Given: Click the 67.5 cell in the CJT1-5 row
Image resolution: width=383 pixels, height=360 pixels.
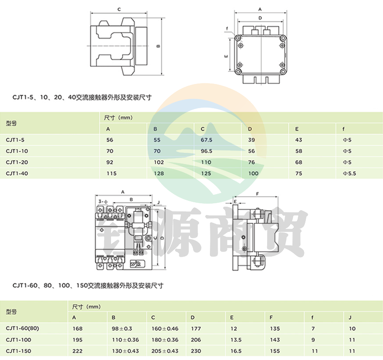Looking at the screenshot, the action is tap(207, 140).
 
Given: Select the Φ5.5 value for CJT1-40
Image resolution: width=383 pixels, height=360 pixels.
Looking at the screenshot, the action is tap(349, 174).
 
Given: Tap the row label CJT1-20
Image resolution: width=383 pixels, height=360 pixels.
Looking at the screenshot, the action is tap(17, 162).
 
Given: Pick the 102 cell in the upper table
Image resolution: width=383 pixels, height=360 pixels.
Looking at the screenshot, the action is tap(159, 162).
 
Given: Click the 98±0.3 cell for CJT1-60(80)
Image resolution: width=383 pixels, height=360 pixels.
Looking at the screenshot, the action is tap(122, 329).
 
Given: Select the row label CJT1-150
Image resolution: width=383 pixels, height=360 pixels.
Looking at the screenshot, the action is tap(18, 351).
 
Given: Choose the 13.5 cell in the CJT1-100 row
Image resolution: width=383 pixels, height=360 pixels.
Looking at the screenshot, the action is tap(236, 340).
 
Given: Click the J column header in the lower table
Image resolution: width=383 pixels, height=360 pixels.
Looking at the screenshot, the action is tap(350, 317).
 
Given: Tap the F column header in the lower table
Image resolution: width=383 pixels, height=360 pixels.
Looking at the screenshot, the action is tap(271, 317).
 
